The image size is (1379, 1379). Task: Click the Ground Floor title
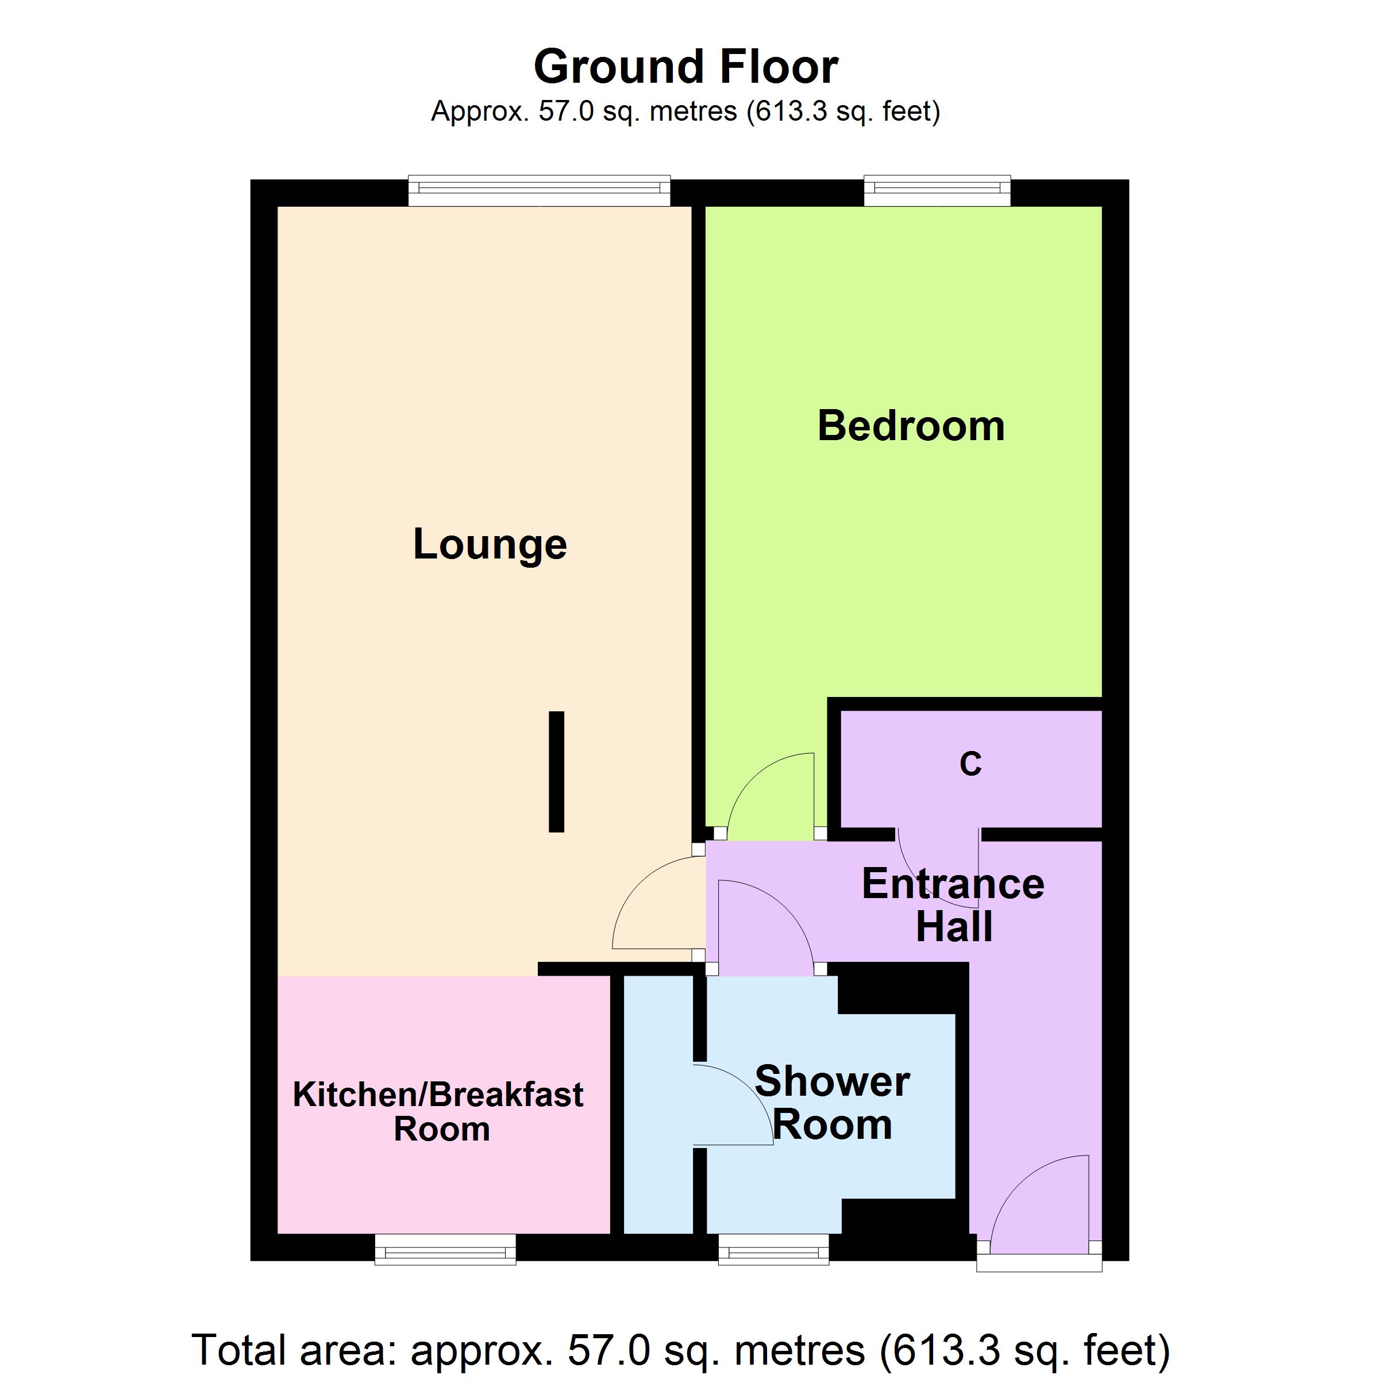click(x=685, y=67)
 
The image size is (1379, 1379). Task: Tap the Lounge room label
click(x=490, y=545)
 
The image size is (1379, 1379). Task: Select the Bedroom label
click(x=911, y=426)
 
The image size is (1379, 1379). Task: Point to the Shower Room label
click(x=832, y=1103)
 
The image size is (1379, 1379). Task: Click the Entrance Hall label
click(x=954, y=905)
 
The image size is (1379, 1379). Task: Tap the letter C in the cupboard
click(x=970, y=764)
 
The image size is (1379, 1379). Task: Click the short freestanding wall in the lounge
click(x=556, y=772)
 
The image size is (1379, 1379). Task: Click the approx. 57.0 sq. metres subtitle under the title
click(x=685, y=111)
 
